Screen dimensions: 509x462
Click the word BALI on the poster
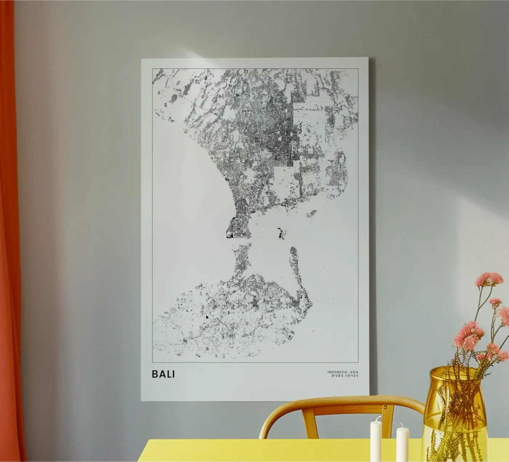163,374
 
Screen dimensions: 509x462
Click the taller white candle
376,441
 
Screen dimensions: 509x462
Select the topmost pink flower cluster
489,279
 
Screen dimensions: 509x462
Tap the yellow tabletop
254,451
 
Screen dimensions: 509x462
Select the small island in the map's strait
281,233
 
